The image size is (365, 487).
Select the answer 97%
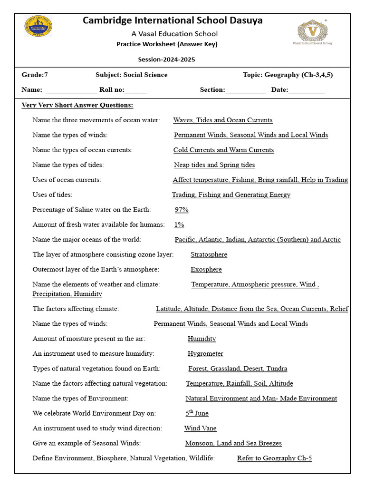(182, 210)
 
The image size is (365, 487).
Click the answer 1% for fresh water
(179, 224)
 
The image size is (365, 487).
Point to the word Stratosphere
(209, 254)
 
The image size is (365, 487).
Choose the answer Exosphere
(206, 269)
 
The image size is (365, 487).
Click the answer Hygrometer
(205, 353)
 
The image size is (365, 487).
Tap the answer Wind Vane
(200, 428)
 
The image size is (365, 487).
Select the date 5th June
(197, 413)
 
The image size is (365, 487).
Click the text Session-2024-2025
(166, 60)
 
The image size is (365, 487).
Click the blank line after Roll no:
(136, 90)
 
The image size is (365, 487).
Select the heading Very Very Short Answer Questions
(77, 105)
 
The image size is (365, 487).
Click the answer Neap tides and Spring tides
(214, 165)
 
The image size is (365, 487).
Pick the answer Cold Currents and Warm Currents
(223, 150)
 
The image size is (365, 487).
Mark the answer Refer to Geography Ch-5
(274, 458)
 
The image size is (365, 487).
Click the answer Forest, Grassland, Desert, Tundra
(238, 369)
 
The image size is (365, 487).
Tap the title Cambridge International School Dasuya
(173, 20)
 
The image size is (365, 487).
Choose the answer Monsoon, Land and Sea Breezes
(233, 443)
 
